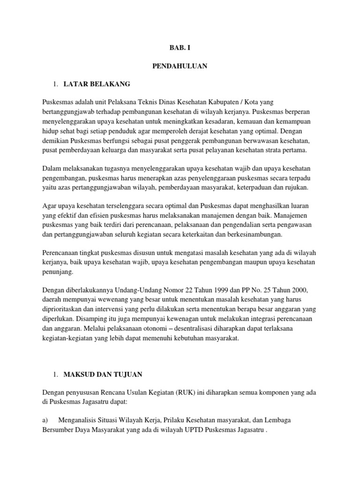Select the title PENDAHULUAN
(180, 67)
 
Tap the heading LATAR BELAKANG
(96, 84)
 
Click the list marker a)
(45, 420)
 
